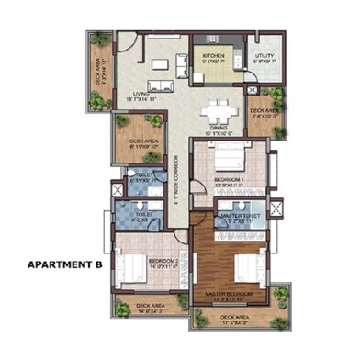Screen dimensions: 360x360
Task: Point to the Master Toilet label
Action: tap(241, 217)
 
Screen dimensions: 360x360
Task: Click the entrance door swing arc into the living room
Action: tap(128, 42)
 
